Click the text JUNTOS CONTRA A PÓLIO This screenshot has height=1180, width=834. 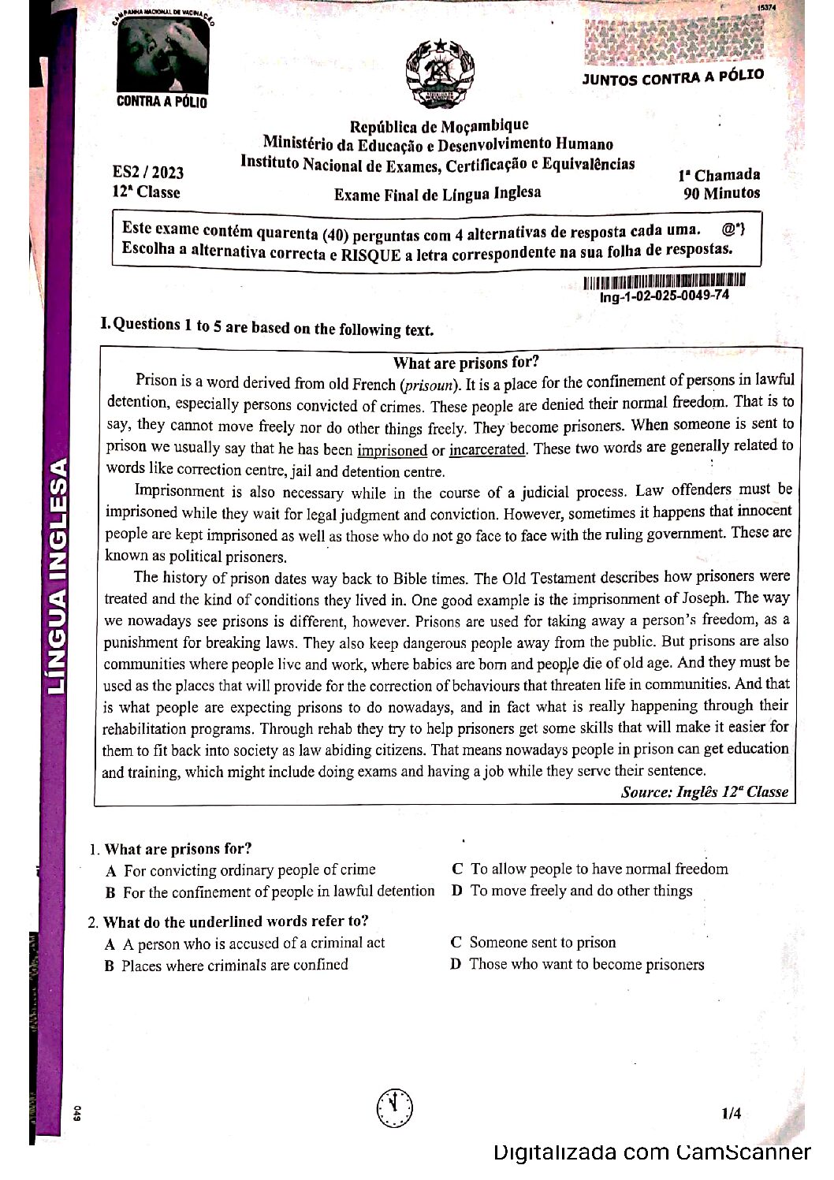(672, 77)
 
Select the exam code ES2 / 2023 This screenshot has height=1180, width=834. (148, 173)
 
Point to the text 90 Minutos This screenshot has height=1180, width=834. (721, 193)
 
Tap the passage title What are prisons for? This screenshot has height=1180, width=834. (466, 363)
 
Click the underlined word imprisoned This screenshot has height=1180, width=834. (392, 450)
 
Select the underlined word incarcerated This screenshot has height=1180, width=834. (486, 449)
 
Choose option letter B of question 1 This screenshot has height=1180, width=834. (111, 892)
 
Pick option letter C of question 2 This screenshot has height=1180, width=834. (456, 942)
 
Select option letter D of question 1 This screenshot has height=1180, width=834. (456, 891)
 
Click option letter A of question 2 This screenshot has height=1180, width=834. (110, 944)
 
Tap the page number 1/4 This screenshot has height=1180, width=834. (731, 1113)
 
